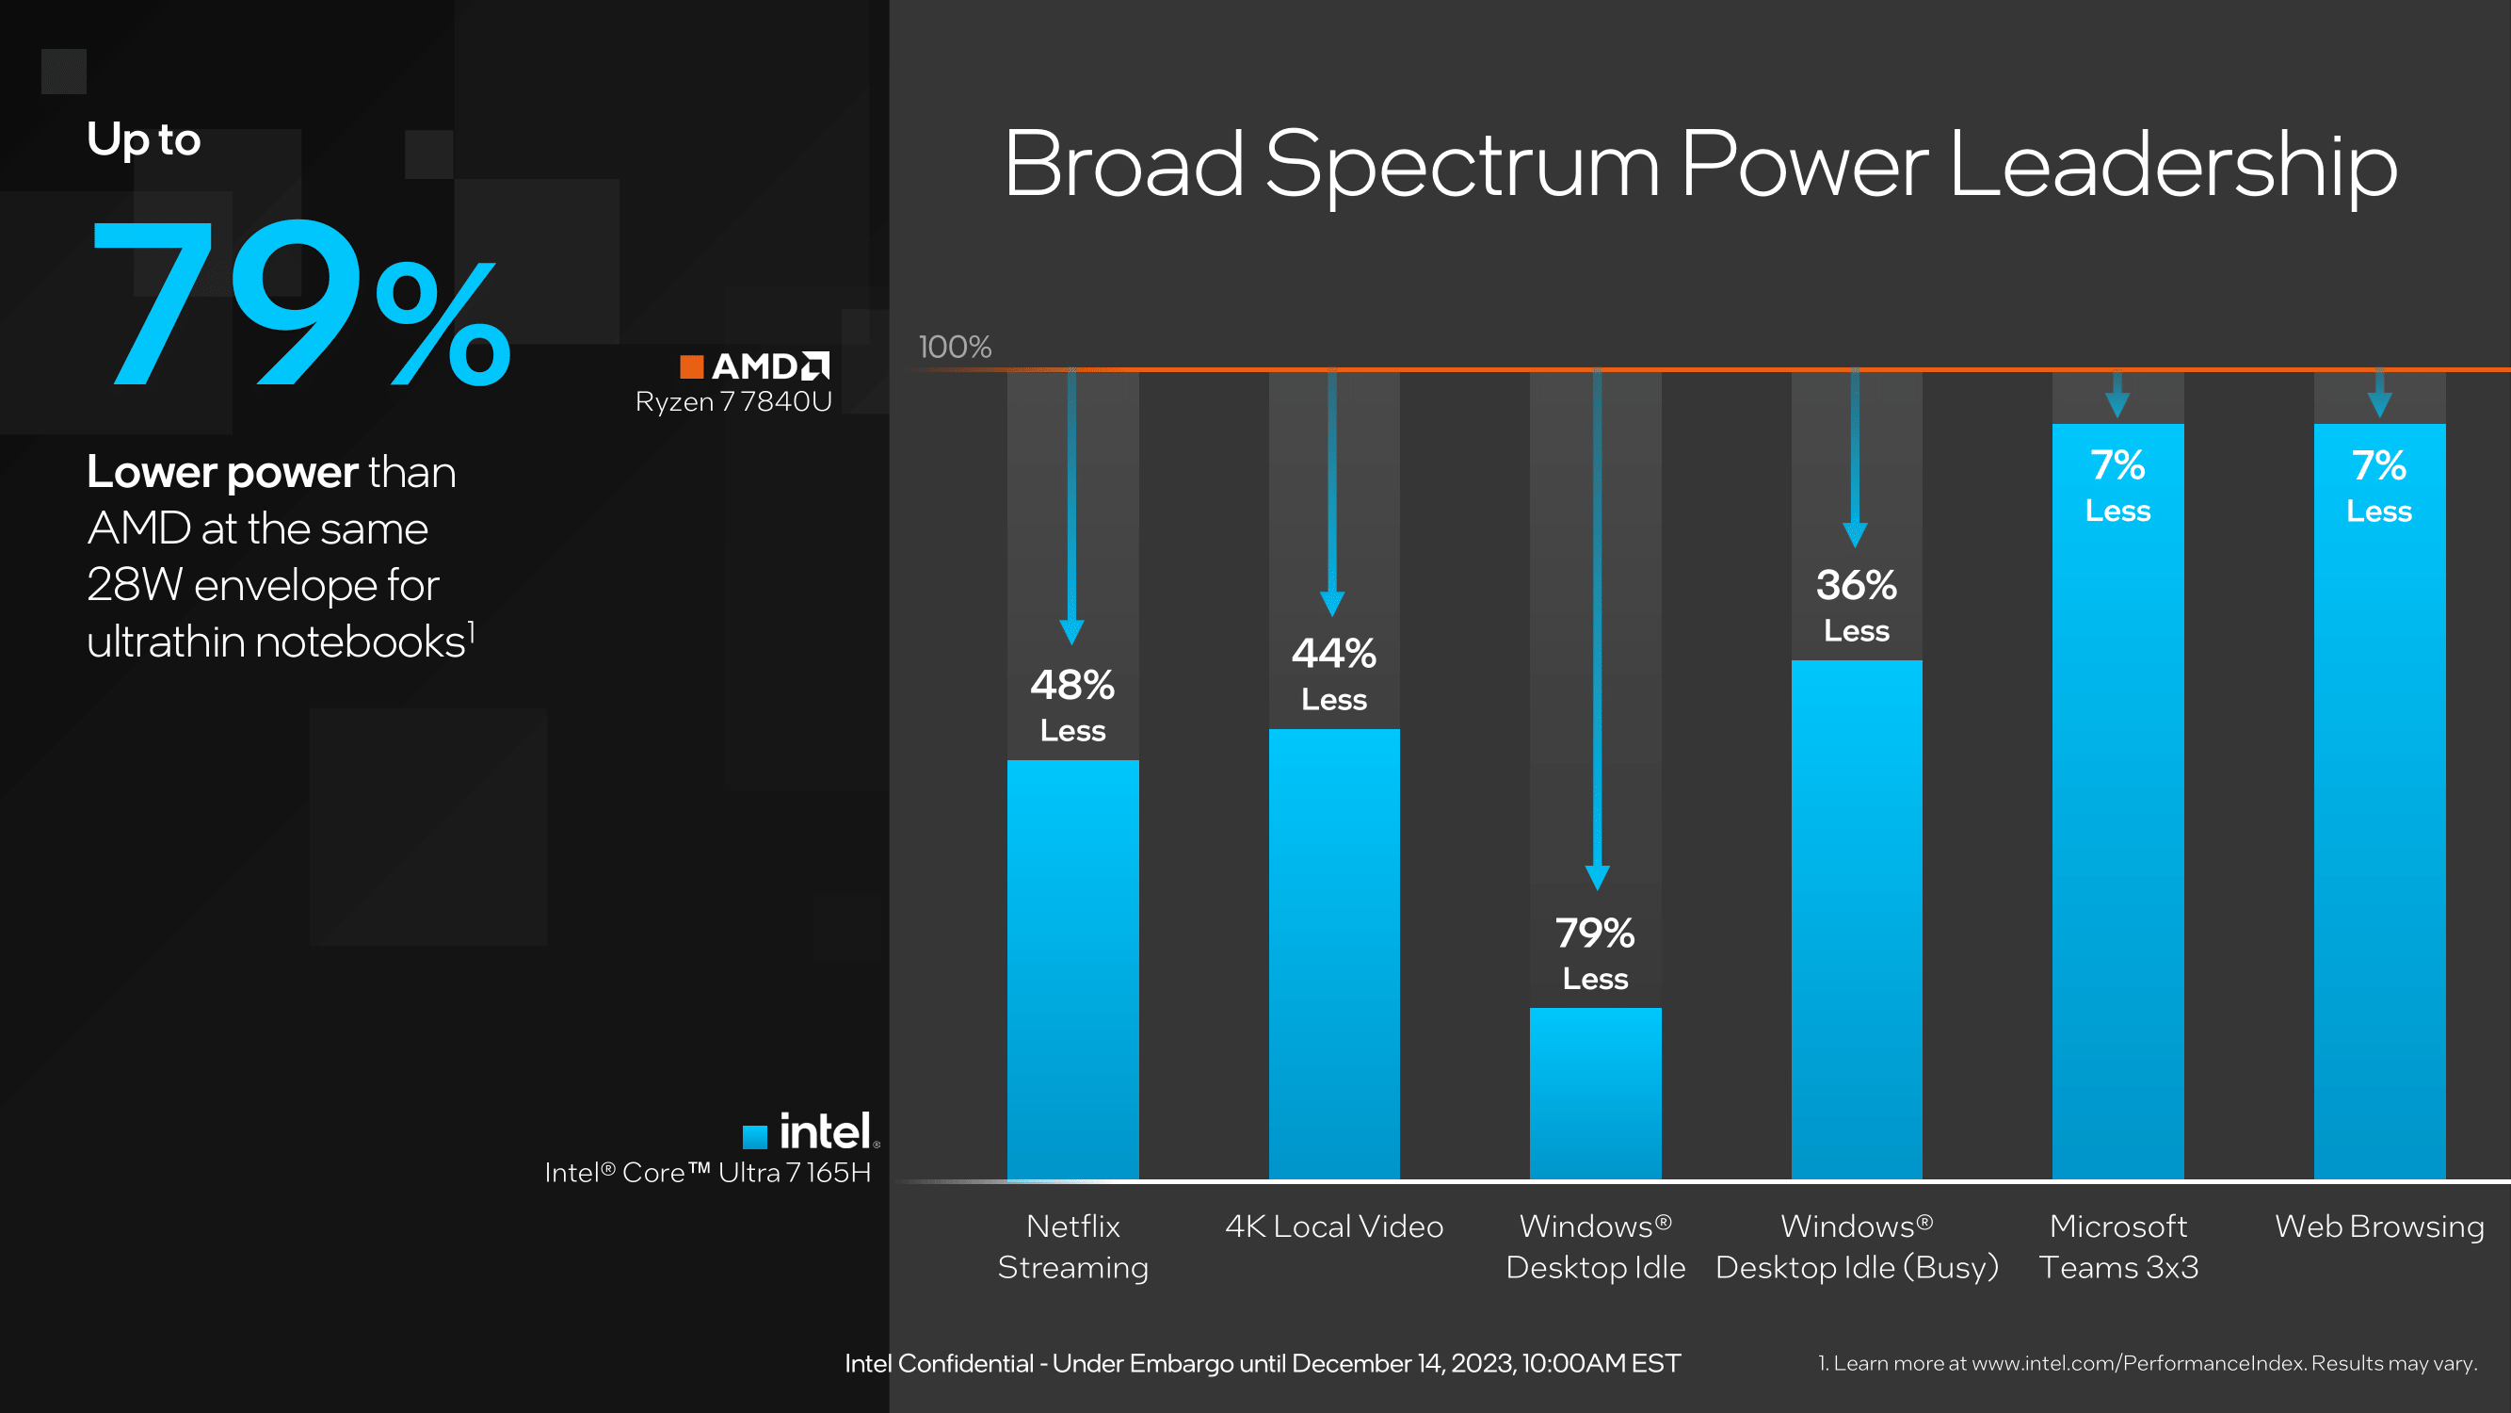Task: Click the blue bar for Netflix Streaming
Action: point(1072,970)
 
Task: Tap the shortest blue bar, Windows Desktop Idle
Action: point(1595,1093)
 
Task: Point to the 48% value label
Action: point(1072,686)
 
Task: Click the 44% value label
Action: point(1333,655)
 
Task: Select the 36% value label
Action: point(1856,586)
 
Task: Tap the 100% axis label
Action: point(955,348)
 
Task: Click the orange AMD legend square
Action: point(691,366)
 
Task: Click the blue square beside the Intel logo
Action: point(754,1136)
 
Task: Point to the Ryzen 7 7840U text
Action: point(733,402)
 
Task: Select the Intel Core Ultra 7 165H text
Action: point(708,1172)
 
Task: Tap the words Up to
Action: point(143,139)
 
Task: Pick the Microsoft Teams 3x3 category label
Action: point(2117,1246)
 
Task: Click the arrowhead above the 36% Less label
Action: point(1855,533)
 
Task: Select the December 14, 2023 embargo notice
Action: point(1263,1363)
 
